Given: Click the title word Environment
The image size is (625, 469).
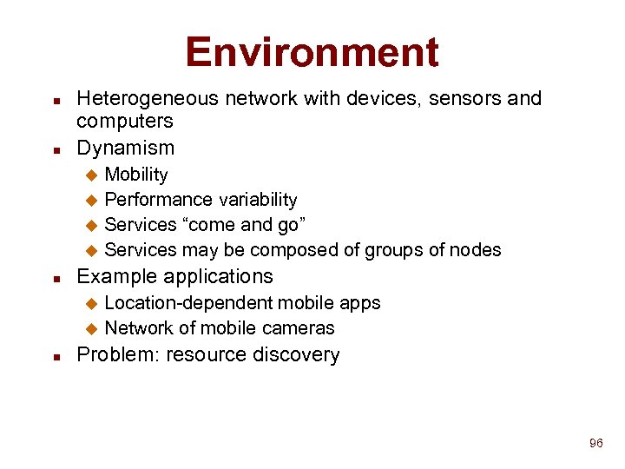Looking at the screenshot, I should coord(312,52).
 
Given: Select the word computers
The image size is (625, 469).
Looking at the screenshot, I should coord(125,121).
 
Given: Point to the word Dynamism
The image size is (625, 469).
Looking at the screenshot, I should coord(126,148).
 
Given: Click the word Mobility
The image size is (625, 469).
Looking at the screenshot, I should coord(136,175).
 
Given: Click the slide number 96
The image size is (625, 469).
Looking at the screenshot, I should coord(595,444).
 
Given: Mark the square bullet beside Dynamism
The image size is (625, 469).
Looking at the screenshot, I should coord(56,149).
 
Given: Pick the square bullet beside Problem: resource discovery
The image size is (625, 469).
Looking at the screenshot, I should coord(56,356).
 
